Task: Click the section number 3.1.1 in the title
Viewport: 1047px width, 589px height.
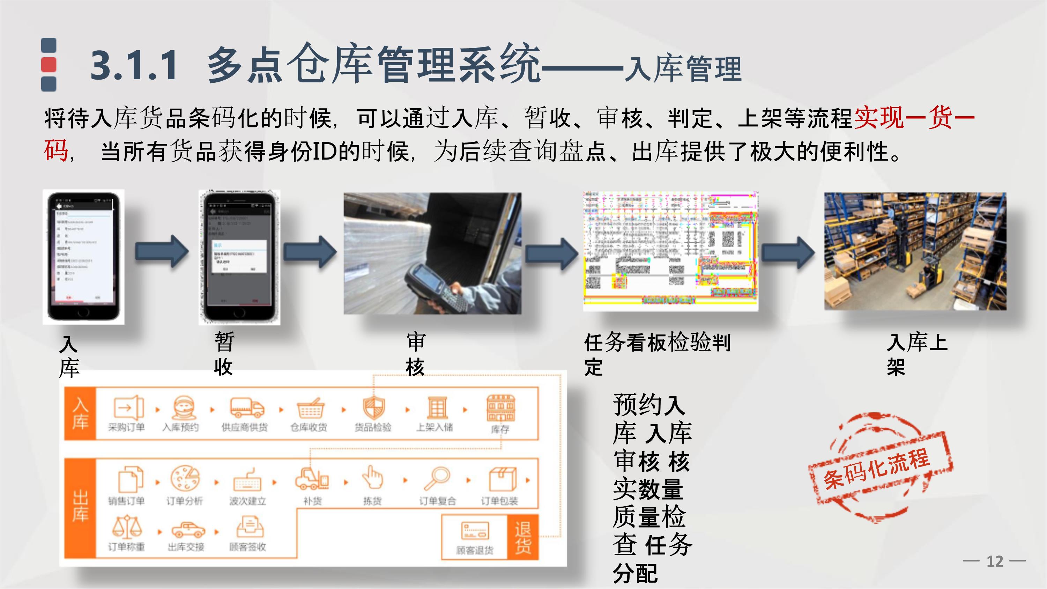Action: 134,65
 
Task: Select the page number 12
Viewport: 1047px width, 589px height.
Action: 995,561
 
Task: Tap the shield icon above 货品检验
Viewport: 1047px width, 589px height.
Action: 373,408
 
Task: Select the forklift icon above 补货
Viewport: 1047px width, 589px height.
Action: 312,479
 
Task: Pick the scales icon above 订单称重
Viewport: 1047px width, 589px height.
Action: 126,527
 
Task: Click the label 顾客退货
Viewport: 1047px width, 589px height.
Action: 474,550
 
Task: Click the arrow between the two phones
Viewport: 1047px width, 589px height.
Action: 162,252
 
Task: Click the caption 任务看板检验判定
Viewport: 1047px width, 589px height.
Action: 657,354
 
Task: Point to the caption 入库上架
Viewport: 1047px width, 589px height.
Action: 916,354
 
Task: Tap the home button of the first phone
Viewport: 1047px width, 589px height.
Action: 83,312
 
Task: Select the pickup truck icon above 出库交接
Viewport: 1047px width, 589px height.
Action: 187,530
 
